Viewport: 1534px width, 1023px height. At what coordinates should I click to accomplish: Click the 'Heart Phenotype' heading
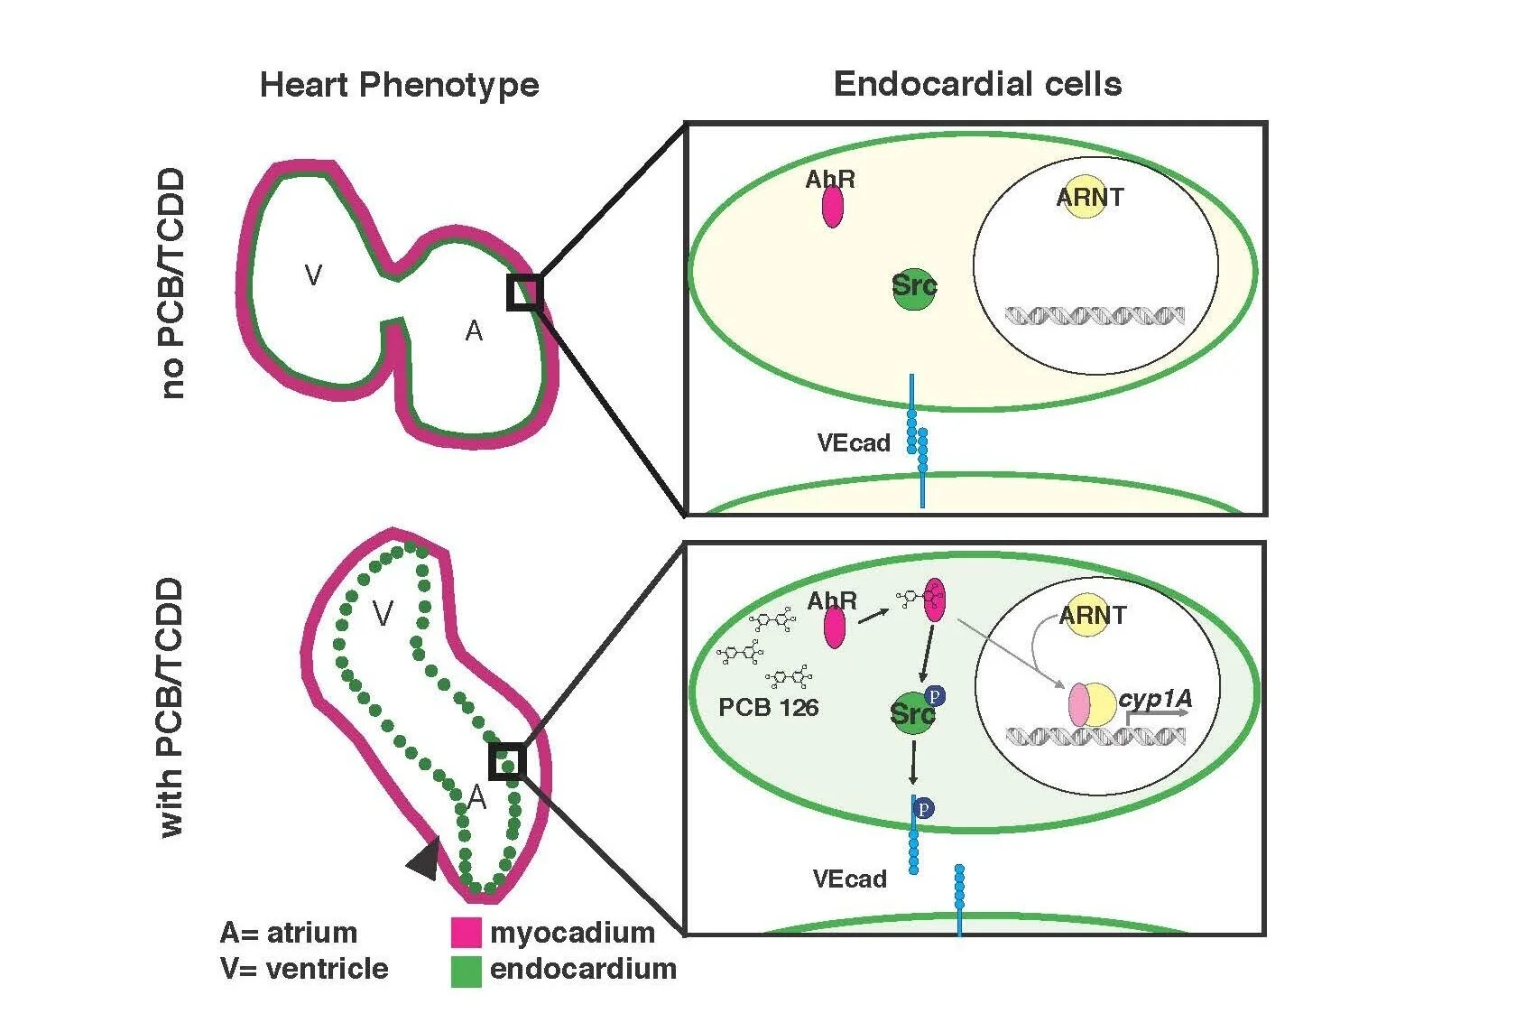tap(399, 85)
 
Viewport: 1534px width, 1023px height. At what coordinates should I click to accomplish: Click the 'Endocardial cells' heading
tap(977, 84)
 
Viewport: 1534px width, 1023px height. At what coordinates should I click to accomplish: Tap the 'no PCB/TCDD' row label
tap(171, 283)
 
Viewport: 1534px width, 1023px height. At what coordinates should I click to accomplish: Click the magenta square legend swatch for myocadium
tap(466, 933)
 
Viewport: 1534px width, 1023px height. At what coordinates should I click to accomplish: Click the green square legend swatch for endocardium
tap(466, 971)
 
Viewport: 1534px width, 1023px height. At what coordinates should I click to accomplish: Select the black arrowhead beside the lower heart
tap(425, 859)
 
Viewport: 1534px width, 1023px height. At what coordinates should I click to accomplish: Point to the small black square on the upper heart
tap(524, 293)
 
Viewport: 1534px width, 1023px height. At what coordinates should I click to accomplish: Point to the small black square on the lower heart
tap(507, 761)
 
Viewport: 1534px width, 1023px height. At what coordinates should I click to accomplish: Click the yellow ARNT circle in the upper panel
tap(1086, 197)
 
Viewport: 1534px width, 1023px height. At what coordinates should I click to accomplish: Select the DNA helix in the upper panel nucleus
tap(1095, 316)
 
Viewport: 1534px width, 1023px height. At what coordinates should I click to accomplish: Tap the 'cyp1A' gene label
tap(1155, 699)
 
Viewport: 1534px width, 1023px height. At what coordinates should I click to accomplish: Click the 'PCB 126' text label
tap(768, 707)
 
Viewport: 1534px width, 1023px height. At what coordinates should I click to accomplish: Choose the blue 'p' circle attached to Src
tap(936, 696)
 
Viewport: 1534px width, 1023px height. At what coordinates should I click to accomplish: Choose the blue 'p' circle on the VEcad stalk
tap(923, 808)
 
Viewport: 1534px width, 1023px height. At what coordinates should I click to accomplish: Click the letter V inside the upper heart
tap(313, 274)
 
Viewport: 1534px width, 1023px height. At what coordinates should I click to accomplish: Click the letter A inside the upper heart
tap(474, 331)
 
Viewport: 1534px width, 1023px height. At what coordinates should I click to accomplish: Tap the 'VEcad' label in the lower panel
tap(849, 879)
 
